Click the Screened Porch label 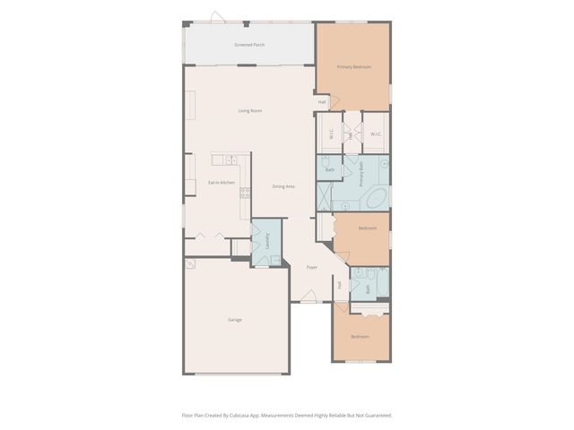249,44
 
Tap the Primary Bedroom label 353,67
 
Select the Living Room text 250,111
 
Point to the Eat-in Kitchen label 222,183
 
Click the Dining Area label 284,186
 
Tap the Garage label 234,320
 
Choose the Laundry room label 266,242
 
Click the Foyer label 312,267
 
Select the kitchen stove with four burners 245,192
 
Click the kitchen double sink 231,159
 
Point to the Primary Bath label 362,171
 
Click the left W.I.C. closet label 331,134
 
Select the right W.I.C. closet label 377,134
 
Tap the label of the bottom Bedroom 360,337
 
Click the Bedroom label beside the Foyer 368,228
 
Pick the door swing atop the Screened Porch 216,17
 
